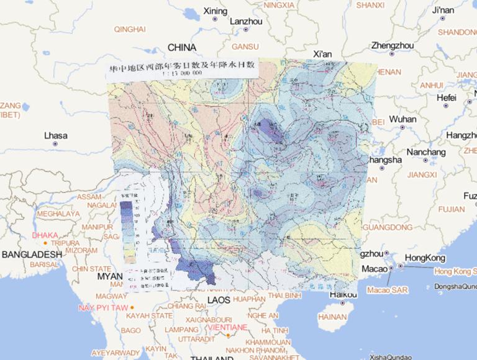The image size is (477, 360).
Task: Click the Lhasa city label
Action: pyautogui.click(x=55, y=135)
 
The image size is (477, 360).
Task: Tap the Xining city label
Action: pyautogui.click(x=215, y=11)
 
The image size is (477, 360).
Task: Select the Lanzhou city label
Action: pyautogui.click(x=246, y=21)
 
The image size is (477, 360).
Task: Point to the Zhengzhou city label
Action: pyautogui.click(x=392, y=45)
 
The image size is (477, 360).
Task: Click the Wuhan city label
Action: pyautogui.click(x=402, y=119)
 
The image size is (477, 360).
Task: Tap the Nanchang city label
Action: pyautogui.click(x=426, y=152)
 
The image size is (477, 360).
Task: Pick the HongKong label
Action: pyautogui.click(x=425, y=258)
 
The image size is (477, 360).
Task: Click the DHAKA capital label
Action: pyautogui.click(x=45, y=235)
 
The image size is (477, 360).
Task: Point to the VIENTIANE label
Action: pyautogui.click(x=229, y=326)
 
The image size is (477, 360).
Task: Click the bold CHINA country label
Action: pyautogui.click(x=182, y=48)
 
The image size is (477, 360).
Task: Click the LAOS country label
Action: pyautogui.click(x=218, y=300)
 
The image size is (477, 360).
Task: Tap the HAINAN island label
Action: pyautogui.click(x=332, y=317)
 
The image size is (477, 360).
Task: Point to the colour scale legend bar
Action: pyautogui.click(x=126, y=227)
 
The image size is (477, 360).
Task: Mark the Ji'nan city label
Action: pyautogui.click(x=443, y=11)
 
